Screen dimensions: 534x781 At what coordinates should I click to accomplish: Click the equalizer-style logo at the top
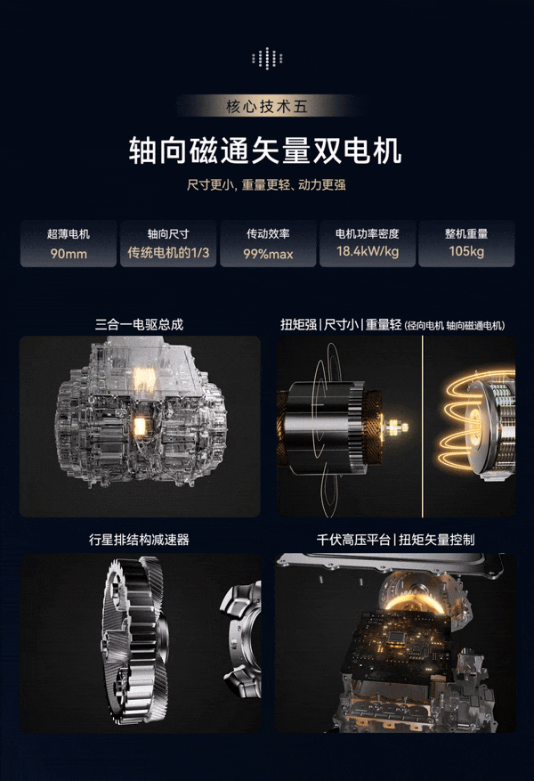(267, 58)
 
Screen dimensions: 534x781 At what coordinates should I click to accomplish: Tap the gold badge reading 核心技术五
(267, 106)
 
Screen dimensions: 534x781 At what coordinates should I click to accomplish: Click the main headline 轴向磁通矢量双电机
(265, 150)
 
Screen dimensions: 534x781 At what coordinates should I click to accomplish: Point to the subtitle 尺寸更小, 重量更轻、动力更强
(266, 185)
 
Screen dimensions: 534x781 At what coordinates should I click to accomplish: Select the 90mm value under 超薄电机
(69, 254)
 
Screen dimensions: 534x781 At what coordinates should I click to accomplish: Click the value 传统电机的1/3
(168, 253)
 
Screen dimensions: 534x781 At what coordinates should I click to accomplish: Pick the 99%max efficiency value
(268, 254)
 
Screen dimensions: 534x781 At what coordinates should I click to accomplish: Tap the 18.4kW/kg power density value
(368, 251)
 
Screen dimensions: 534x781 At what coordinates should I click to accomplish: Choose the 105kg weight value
(466, 251)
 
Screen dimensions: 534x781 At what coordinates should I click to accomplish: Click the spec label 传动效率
(268, 233)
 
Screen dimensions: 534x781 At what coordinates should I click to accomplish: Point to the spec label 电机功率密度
(368, 233)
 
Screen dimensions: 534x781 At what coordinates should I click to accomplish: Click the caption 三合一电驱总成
(140, 325)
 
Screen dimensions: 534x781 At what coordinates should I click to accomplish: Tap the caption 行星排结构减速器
(140, 540)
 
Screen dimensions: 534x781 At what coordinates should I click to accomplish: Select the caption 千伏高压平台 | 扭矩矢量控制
(396, 540)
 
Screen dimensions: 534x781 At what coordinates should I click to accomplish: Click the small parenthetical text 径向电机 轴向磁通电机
(456, 326)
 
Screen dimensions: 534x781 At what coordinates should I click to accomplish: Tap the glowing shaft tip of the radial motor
(398, 427)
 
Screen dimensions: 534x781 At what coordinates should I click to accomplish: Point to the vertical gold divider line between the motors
(423, 427)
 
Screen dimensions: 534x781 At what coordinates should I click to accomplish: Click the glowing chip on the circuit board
(396, 637)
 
